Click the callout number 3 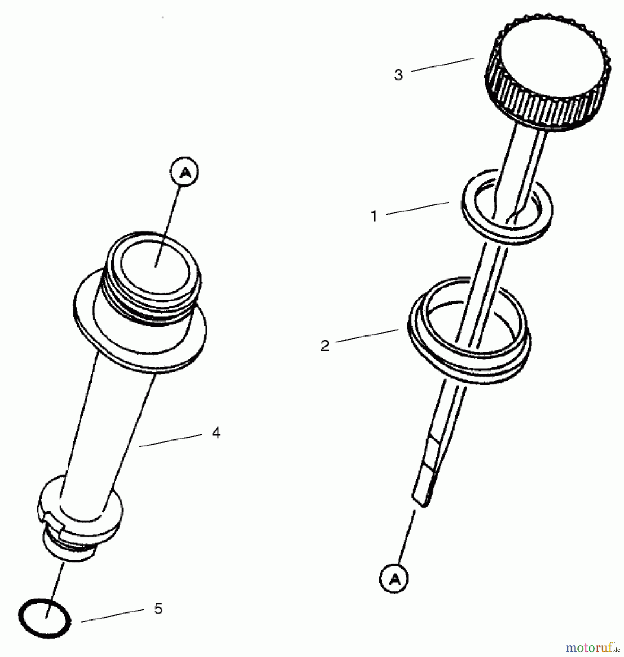point(398,75)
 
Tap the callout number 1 point(374,216)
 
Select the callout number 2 point(325,346)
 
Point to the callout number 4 point(216,433)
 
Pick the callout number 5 point(158,608)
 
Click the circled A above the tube point(184,172)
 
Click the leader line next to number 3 point(443,64)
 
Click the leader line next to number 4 point(170,440)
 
